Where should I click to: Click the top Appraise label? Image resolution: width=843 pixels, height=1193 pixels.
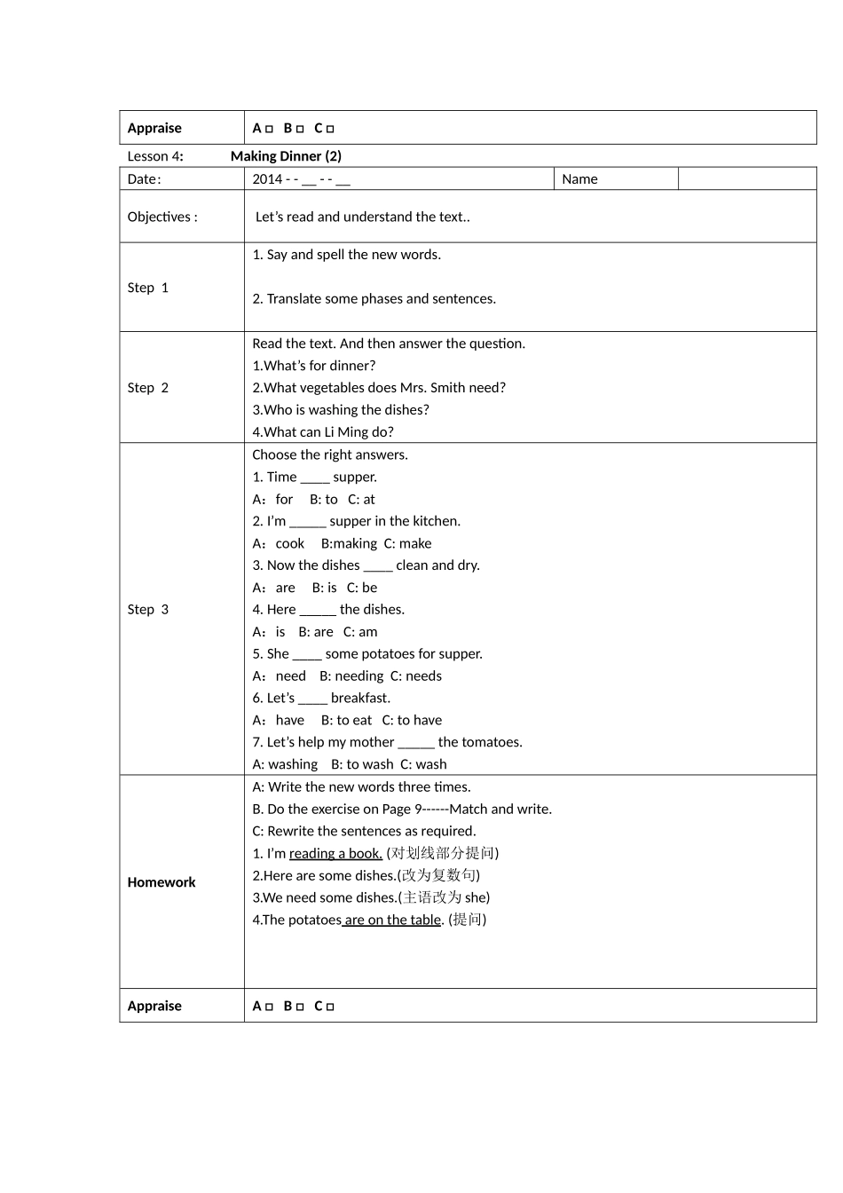[154, 128]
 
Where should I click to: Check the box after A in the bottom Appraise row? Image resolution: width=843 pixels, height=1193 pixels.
[269, 1007]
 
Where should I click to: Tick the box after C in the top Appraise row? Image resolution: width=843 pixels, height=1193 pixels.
[331, 129]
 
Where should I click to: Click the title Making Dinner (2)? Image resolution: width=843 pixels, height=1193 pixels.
[286, 156]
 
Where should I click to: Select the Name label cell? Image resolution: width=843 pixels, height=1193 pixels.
[580, 179]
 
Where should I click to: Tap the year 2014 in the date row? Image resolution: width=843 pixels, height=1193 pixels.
[267, 179]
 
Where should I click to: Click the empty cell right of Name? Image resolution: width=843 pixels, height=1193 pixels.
[746, 179]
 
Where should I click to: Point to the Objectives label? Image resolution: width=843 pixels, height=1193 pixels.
[162, 217]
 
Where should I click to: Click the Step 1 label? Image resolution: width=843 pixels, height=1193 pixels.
[147, 288]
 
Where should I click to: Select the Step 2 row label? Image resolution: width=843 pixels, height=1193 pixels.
[147, 388]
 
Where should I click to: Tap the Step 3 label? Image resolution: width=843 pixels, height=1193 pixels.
[147, 610]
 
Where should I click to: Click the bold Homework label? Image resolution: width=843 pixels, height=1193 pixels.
[162, 882]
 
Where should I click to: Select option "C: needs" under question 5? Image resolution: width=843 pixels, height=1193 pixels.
[416, 676]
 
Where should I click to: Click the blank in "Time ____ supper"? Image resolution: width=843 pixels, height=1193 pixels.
[315, 478]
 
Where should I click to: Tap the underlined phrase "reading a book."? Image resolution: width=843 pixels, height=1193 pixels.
[335, 854]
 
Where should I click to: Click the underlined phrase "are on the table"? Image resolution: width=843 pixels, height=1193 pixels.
[392, 920]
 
